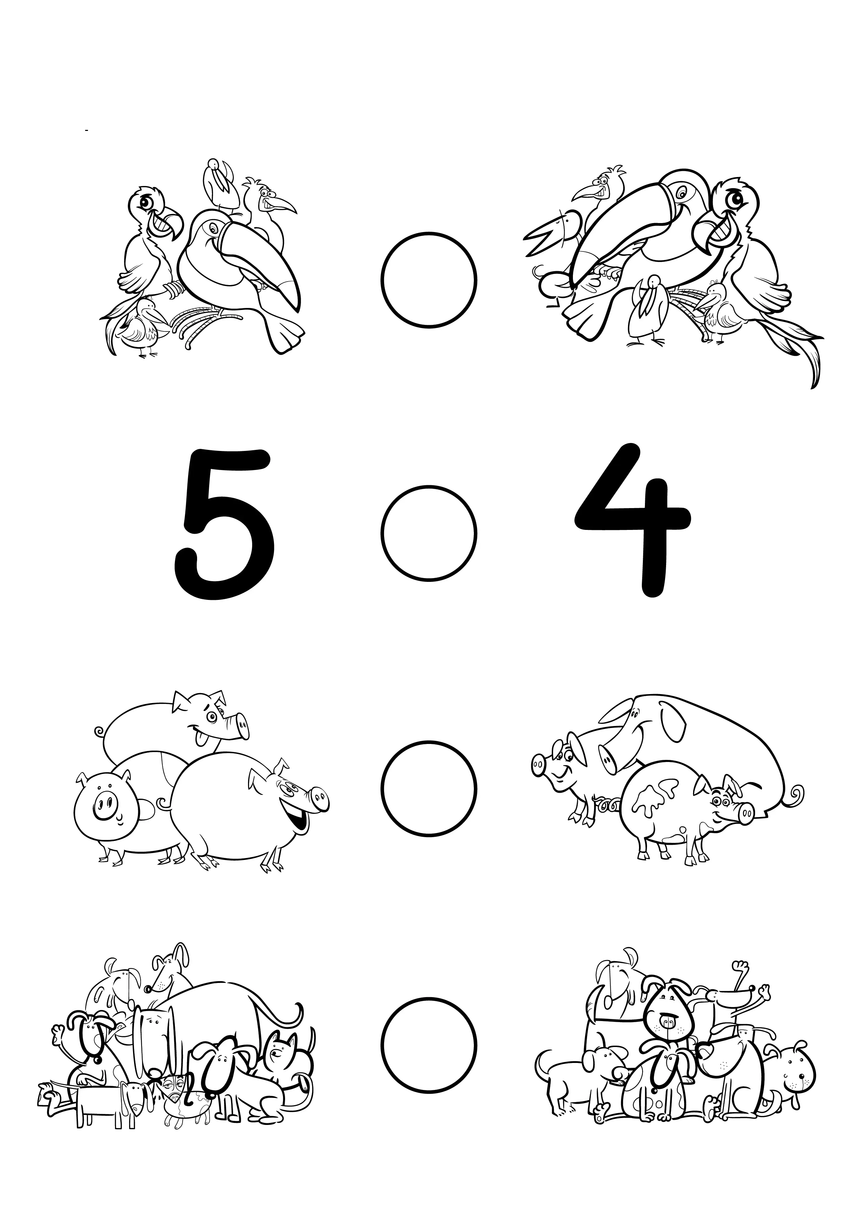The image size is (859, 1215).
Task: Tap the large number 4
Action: point(635,521)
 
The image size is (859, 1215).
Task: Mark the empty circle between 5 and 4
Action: point(429,532)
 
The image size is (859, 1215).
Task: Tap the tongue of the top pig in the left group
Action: point(202,740)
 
